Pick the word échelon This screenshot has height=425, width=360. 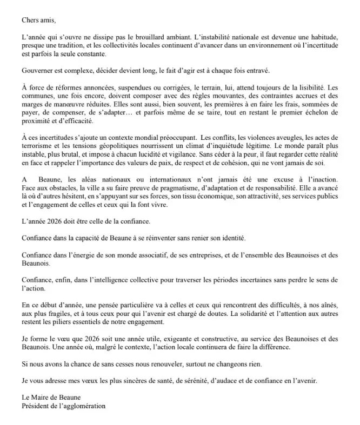[306, 112]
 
